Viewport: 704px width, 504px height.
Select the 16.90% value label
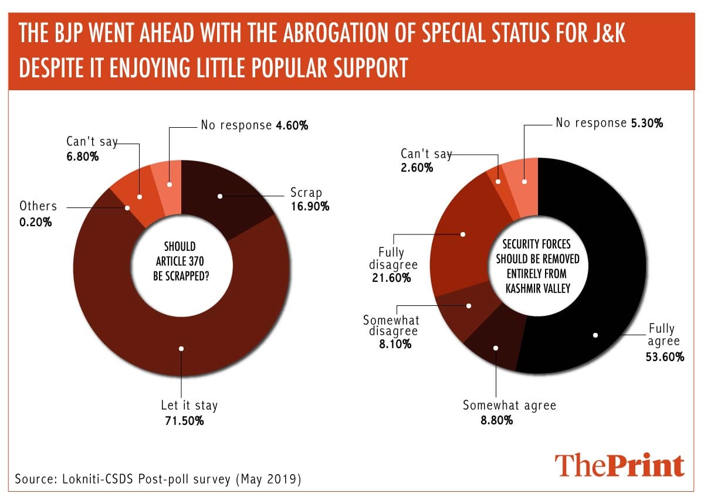pyautogui.click(x=310, y=206)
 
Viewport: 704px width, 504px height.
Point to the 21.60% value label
pyautogui.click(x=390, y=278)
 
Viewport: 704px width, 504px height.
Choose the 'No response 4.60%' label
pyautogui.click(x=254, y=125)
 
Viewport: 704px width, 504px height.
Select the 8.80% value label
pyautogui.click(x=492, y=420)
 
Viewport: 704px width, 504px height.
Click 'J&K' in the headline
pyautogui.click(x=604, y=34)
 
